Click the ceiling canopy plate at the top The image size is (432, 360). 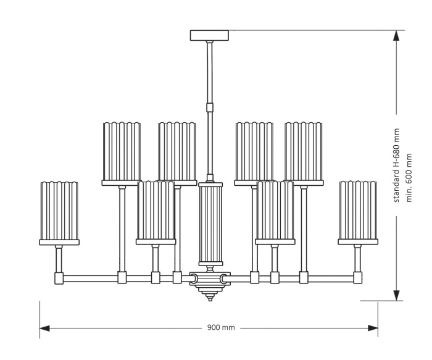209,35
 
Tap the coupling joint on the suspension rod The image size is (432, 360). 209,106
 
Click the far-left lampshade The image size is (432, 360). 59,211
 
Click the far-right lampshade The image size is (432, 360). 358,211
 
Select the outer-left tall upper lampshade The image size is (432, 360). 122,151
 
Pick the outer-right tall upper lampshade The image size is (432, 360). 303,151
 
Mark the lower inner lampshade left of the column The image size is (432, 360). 156,211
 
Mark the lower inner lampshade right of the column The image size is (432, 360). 275,211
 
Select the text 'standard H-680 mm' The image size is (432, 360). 397,165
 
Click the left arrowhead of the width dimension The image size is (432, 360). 45,328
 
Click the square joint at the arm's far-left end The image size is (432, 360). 59,277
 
